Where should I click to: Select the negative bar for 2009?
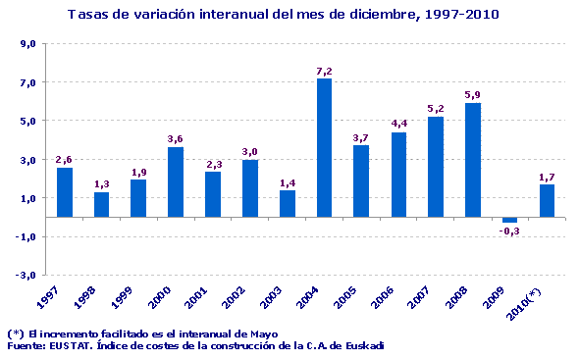pyautogui.click(x=509, y=220)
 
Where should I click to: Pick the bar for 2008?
pyautogui.click(x=472, y=160)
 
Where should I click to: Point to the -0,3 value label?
pyautogui.click(x=509, y=231)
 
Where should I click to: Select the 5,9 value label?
pyautogui.click(x=472, y=95)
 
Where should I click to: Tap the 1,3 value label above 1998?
pyautogui.click(x=102, y=184)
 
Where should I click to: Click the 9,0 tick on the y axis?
pyautogui.click(x=28, y=44)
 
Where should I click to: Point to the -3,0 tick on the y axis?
pyautogui.click(x=26, y=275)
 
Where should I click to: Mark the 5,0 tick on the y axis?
pyautogui.click(x=28, y=121)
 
